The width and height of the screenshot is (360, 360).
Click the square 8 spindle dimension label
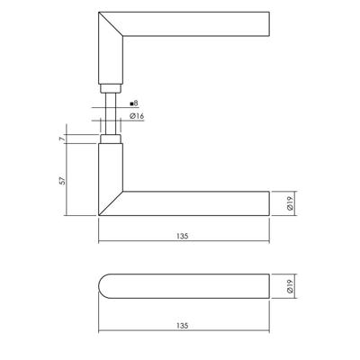pos(134,104)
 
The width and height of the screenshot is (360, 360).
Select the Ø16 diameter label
pos(138,116)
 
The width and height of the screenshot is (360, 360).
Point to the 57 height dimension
pos(60,179)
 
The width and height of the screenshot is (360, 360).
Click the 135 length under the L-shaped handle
pos(183,237)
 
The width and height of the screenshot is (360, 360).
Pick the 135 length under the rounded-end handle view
pos(183,325)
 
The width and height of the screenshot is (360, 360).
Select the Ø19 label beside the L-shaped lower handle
pos(288,204)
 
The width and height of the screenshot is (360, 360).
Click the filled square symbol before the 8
pos(131,104)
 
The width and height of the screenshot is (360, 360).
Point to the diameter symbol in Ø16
pos(132,116)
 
